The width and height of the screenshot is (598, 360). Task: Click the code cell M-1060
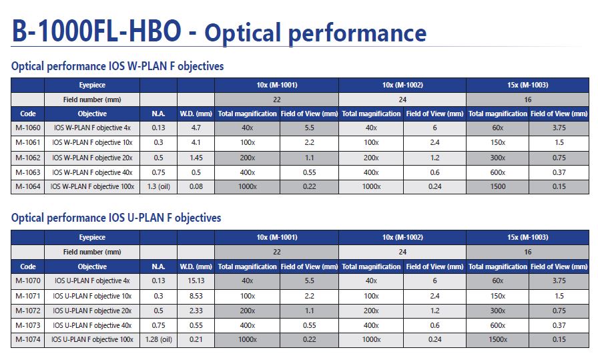click(28, 128)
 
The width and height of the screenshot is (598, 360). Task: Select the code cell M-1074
click(28, 339)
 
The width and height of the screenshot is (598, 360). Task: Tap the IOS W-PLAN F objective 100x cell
click(92, 186)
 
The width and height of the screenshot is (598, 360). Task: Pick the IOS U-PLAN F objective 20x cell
click(92, 311)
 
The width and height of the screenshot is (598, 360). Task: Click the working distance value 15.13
click(196, 281)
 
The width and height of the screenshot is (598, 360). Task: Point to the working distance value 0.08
click(196, 186)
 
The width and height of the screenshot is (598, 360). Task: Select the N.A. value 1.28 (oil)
click(159, 339)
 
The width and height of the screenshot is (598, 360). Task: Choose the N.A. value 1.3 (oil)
click(159, 186)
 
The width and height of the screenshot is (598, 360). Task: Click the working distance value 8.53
click(196, 296)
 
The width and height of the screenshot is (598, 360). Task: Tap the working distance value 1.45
click(196, 158)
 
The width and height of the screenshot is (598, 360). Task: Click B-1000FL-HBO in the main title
click(97, 31)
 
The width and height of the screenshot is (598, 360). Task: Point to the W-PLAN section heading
click(117, 66)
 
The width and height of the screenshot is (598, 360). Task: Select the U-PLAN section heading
click(116, 218)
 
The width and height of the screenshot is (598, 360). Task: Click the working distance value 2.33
click(196, 311)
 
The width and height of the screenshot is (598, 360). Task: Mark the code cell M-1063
click(28, 172)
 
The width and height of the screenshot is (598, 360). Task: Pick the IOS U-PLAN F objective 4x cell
click(92, 281)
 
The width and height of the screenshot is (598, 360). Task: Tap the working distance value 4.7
click(196, 128)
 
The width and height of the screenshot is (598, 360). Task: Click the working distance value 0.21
click(196, 339)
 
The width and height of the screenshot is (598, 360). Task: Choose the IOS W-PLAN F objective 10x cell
click(92, 142)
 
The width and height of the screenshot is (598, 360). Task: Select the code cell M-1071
click(28, 296)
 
